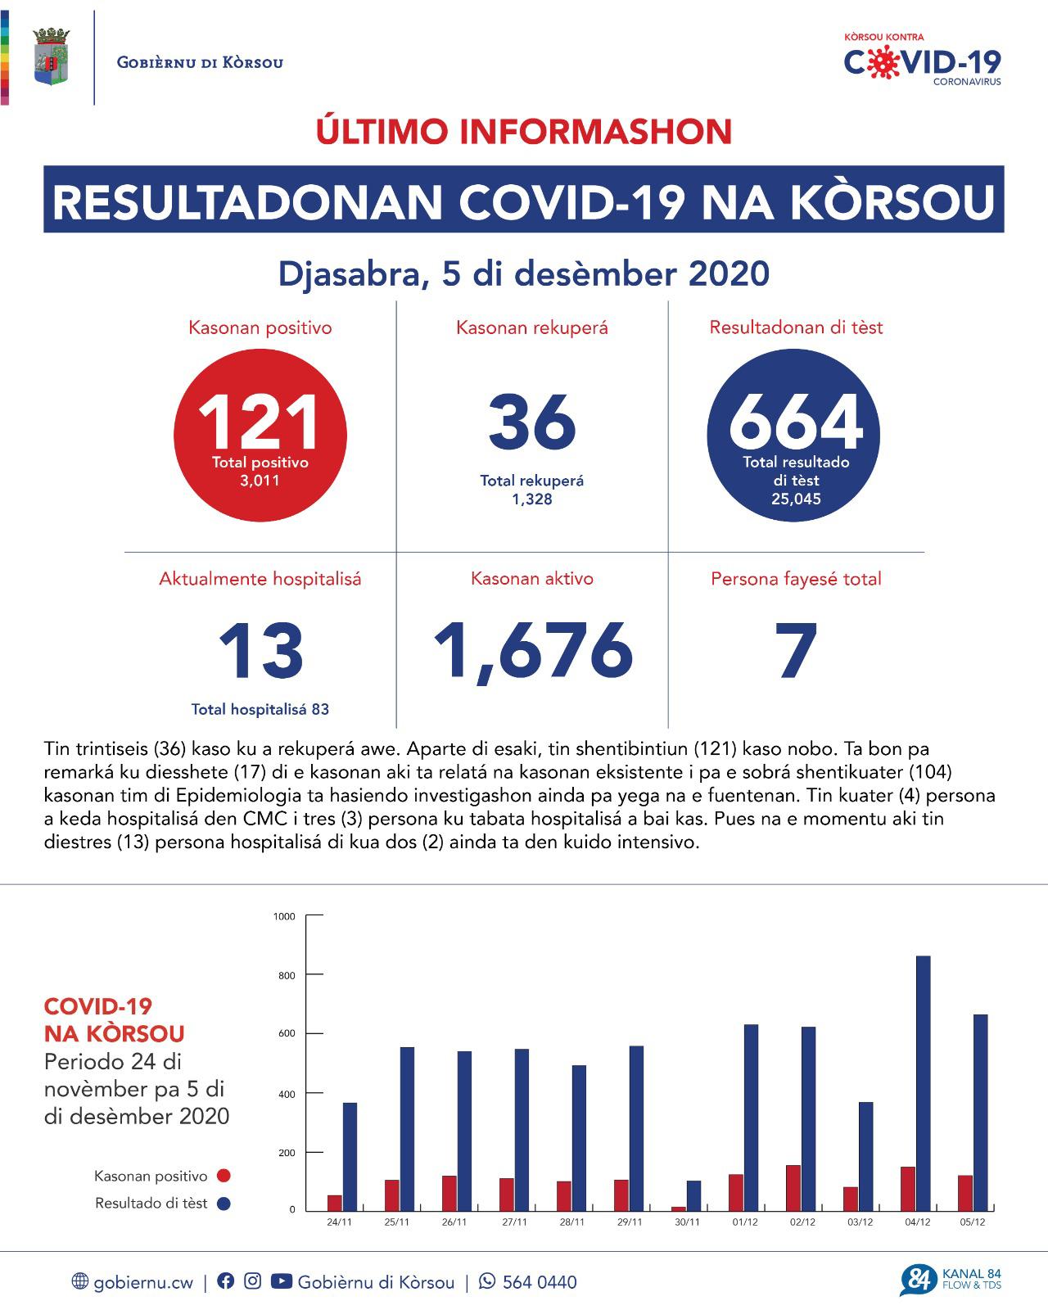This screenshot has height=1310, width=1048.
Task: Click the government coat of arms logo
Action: click(51, 56)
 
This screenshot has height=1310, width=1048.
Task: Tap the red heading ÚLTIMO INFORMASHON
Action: click(524, 132)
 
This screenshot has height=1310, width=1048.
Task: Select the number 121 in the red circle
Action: click(260, 422)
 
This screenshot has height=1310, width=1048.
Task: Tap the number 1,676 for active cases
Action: click(532, 652)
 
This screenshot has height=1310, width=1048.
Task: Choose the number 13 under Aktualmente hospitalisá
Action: click(260, 652)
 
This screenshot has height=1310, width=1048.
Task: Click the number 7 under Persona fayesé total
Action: click(797, 652)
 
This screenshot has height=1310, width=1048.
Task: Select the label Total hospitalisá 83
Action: click(260, 709)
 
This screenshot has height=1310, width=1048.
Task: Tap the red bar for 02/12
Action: click(793, 1187)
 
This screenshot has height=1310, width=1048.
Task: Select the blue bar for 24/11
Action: click(350, 1156)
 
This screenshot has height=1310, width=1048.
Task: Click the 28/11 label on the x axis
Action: click(571, 1222)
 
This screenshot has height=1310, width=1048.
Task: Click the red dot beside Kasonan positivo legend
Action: click(224, 1176)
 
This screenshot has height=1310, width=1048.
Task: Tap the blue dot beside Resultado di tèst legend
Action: click(224, 1204)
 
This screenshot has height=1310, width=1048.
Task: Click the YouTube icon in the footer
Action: click(281, 1281)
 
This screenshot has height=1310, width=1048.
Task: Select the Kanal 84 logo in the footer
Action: click(950, 1280)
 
